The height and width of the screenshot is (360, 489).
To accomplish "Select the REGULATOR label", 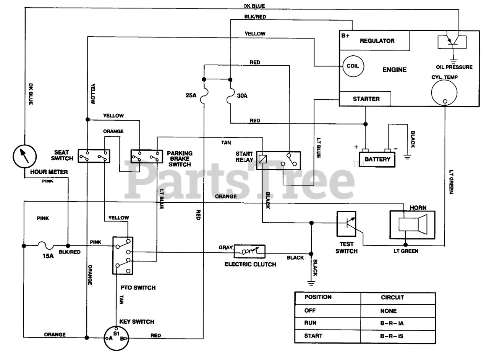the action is [x=377, y=41].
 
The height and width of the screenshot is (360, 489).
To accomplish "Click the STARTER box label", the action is [x=366, y=99].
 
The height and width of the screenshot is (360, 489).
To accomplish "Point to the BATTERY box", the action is [x=377, y=159].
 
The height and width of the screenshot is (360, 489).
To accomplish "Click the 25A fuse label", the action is [x=191, y=95].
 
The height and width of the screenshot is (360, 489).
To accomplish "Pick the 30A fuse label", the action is [x=242, y=96].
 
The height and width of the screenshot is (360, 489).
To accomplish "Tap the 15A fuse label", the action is [x=48, y=256].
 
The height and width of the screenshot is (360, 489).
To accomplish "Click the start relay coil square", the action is [x=262, y=159].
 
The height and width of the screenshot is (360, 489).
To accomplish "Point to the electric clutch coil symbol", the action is [x=249, y=251].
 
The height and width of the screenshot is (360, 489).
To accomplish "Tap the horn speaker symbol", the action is [x=412, y=225].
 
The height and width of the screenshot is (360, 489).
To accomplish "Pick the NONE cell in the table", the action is [x=389, y=311].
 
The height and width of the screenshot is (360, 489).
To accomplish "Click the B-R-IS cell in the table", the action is [x=392, y=336].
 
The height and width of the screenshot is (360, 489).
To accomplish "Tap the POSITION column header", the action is [x=318, y=297].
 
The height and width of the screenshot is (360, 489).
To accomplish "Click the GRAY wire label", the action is [x=225, y=247].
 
